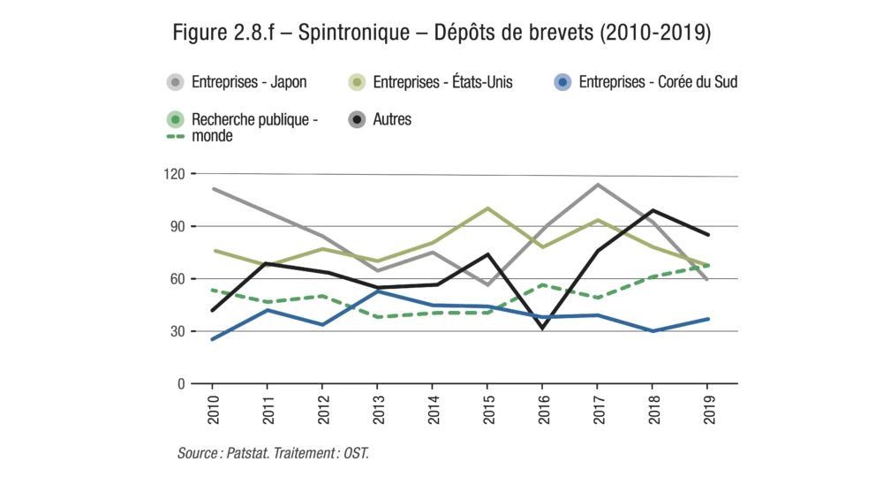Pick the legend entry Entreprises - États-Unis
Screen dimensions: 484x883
point(442,82)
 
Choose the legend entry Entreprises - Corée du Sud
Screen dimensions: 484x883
point(657,82)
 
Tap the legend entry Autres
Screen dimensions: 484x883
point(393,118)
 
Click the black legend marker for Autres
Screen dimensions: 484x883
point(357,118)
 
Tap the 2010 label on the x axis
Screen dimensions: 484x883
point(213,407)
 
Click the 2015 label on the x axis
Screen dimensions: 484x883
point(487,407)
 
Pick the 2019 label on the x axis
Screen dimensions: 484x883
point(707,407)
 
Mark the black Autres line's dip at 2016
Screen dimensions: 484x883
point(542,329)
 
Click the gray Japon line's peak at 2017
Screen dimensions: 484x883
point(598,185)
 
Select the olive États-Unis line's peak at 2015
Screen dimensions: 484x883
point(487,208)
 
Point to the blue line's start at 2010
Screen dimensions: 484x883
point(213,339)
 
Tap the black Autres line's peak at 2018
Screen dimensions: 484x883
point(653,210)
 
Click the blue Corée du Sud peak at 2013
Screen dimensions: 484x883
point(377,291)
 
